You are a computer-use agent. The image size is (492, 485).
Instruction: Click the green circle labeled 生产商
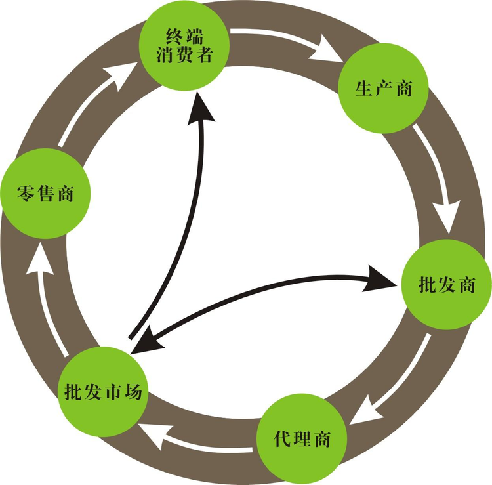pyautogui.click(x=382, y=88)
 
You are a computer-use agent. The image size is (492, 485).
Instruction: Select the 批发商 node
pyautogui.click(x=445, y=285)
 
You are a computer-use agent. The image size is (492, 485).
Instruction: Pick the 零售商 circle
pyautogui.click(x=45, y=194)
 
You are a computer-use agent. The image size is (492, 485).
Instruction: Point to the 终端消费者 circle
pyautogui.click(x=184, y=43)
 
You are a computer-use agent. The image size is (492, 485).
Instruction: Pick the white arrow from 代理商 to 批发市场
pyautogui.click(x=197, y=438)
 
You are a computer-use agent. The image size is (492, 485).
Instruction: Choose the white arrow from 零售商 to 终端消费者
pyautogui.click(x=92, y=102)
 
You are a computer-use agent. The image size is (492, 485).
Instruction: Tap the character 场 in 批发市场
pyautogui.click(x=138, y=391)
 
